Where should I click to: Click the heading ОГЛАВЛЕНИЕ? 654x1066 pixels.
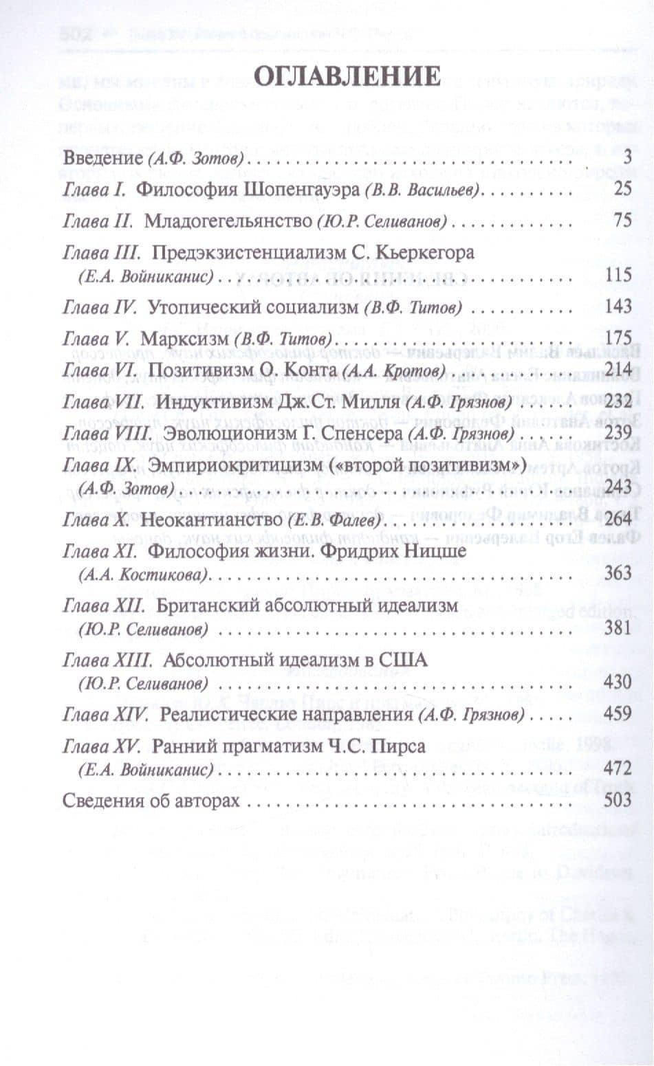[x=347, y=75]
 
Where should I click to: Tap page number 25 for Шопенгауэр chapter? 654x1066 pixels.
[x=622, y=188]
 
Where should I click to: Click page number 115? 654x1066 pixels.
[x=618, y=275]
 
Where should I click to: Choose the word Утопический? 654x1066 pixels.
[x=208, y=307]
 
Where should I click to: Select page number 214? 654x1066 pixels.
[x=617, y=370]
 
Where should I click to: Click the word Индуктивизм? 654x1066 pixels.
[x=217, y=401]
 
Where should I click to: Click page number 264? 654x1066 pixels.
[x=617, y=520]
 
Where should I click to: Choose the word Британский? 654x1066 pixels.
[x=210, y=606]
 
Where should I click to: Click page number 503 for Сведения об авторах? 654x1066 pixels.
[x=617, y=801]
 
